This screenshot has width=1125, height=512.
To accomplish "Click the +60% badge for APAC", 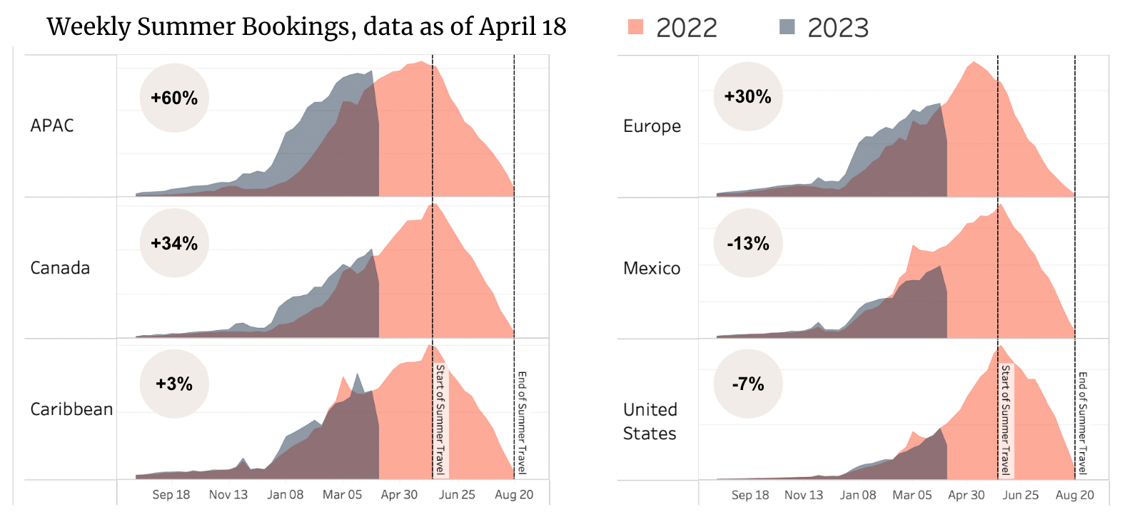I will pos(174,98).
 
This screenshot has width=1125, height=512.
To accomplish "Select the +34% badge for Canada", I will pos(174,243).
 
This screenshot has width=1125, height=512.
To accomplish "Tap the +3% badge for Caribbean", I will pos(174,384).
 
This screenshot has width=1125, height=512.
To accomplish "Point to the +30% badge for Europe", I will pos(748,96).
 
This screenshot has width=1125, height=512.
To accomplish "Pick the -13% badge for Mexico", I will pos(748,243).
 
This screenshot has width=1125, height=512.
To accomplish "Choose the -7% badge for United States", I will pos(748,384).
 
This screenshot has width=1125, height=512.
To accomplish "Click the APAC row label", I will pos(52,126).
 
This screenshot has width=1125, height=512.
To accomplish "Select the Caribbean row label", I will pos(71,409).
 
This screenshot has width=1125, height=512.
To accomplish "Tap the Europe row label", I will pos(652,126).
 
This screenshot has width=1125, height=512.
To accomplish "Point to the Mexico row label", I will pos(652,268).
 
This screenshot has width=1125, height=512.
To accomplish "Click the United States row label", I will pos(650,421).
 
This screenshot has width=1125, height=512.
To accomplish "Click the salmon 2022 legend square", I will pos(635,27).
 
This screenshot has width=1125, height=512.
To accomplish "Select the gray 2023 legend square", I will pos(787,27).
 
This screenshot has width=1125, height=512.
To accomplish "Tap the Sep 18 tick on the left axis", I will pos(171,495).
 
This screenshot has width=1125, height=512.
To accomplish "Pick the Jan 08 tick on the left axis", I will pos(286,495).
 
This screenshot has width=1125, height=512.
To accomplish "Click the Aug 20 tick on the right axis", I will pos(1075,495).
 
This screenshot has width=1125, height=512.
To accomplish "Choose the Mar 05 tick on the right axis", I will pos(912,495).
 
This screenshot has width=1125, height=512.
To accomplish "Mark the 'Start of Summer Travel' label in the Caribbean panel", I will pos(440,419).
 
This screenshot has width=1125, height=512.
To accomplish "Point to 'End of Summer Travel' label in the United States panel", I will pos(1083,423).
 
